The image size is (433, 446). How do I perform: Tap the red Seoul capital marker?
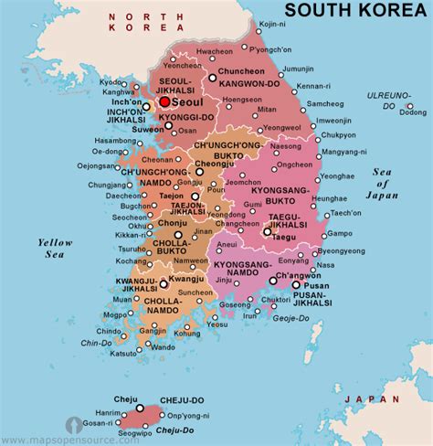pos(164,101)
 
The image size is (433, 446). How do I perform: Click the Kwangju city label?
pos(186,278)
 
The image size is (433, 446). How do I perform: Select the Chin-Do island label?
pos(96,343)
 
